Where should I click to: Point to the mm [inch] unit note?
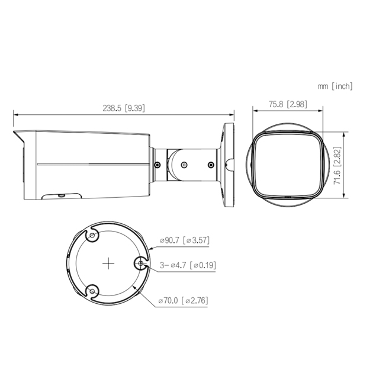(335, 86)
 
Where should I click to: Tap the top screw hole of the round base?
(92, 236)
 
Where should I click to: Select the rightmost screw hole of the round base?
(141, 264)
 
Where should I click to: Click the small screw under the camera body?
(61, 194)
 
